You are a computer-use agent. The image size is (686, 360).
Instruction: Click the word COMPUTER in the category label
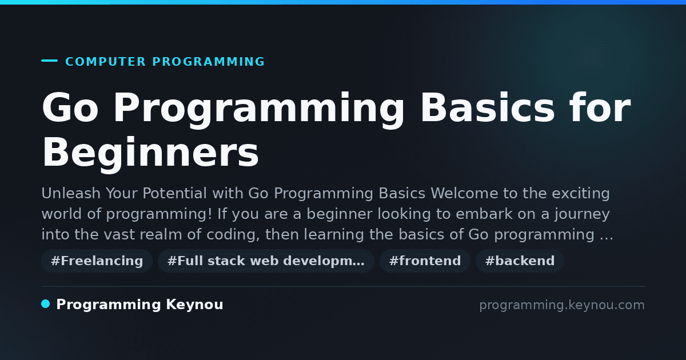(105, 62)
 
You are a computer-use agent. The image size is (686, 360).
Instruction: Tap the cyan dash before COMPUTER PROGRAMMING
(49, 61)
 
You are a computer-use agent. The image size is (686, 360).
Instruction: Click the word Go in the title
(70, 108)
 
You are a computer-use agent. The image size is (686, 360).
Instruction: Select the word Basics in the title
(488, 108)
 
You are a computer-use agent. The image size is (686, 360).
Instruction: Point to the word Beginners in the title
(150, 152)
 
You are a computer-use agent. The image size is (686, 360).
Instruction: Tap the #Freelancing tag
(97, 261)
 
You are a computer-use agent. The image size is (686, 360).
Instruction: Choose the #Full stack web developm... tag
(266, 261)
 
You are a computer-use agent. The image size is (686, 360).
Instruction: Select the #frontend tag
(425, 261)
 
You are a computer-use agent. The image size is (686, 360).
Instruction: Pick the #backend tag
(520, 261)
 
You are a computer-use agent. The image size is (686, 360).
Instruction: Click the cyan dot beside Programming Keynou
(46, 304)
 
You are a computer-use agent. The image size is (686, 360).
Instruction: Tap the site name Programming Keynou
(139, 305)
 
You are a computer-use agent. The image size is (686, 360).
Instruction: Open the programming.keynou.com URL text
(562, 305)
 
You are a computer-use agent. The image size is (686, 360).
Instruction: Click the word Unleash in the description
(71, 194)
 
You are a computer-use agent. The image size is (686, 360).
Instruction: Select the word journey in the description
(582, 214)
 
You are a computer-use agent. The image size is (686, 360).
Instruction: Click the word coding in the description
(233, 235)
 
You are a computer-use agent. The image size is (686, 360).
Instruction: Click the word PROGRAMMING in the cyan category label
(209, 62)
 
